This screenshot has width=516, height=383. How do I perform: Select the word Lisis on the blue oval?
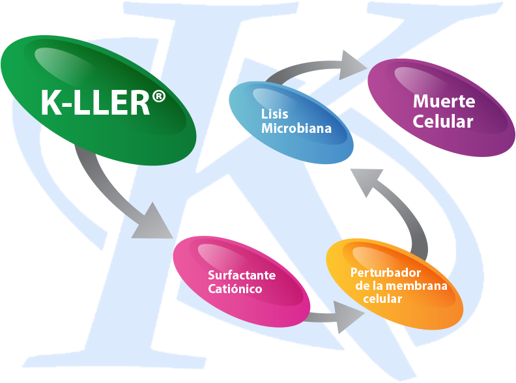tap(274, 114)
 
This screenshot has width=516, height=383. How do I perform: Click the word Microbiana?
tap(296, 128)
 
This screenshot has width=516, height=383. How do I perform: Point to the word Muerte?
tap(444, 102)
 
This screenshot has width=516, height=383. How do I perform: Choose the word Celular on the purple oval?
tap(443, 122)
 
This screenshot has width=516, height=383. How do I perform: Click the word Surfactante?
tap(241, 275)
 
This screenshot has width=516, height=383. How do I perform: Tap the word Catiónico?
tap(235, 289)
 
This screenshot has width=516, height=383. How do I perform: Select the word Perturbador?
tap(386, 272)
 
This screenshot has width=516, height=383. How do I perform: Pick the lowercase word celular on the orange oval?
tap(383, 298)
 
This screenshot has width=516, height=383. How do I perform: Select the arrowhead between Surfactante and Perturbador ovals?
tap(351, 318)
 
